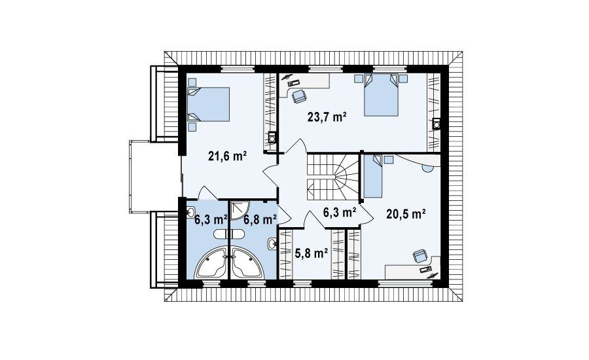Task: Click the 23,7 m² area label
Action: [x=327, y=118]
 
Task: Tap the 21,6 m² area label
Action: [x=227, y=156]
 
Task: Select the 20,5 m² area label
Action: [x=406, y=214]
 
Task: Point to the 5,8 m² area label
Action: [x=312, y=254]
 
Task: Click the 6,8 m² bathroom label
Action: [x=260, y=219]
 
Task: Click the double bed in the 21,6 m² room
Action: [x=208, y=104]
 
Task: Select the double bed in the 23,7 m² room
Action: [x=381, y=94]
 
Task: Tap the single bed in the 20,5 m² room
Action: [x=372, y=176]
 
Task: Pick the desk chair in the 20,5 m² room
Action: [x=421, y=257]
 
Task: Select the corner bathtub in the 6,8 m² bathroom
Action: [x=247, y=263]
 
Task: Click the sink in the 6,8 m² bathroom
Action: [x=272, y=244]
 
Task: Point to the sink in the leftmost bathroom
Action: [x=190, y=213]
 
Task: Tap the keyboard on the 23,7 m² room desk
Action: [x=293, y=82]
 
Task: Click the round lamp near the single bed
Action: [x=427, y=169]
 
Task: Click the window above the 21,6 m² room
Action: [x=238, y=69]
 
